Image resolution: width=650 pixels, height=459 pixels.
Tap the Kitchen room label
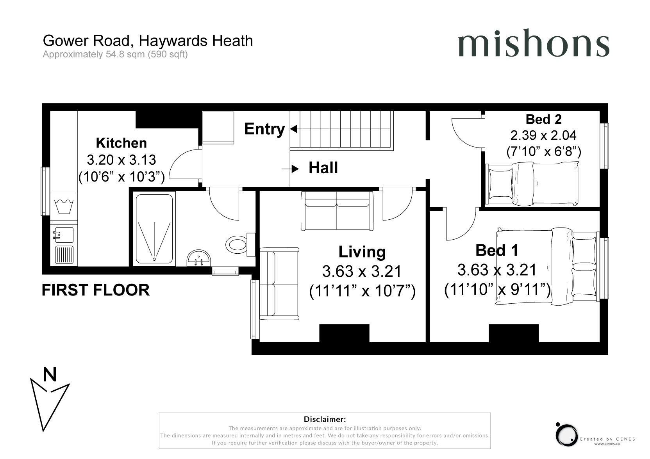121,143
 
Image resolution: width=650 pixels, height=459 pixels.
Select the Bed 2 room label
543,119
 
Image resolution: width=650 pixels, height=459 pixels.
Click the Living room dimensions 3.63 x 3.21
362,271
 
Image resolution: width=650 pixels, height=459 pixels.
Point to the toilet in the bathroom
240,244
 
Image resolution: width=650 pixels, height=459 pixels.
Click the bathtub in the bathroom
154,229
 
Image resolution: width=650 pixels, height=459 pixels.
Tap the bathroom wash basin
198,258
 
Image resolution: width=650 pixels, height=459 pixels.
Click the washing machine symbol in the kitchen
64,206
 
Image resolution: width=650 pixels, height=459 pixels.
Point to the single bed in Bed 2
532,184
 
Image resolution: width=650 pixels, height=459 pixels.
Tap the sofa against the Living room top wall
337,211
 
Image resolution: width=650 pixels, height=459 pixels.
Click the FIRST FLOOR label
95,290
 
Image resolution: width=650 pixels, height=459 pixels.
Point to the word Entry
264,129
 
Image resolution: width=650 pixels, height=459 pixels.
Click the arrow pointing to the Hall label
290,169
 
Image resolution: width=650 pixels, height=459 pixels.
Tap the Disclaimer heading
325,419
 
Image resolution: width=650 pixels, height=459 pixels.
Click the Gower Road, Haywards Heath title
148,41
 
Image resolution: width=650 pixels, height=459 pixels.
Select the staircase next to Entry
342,131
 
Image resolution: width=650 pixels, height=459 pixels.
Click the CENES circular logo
566,435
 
